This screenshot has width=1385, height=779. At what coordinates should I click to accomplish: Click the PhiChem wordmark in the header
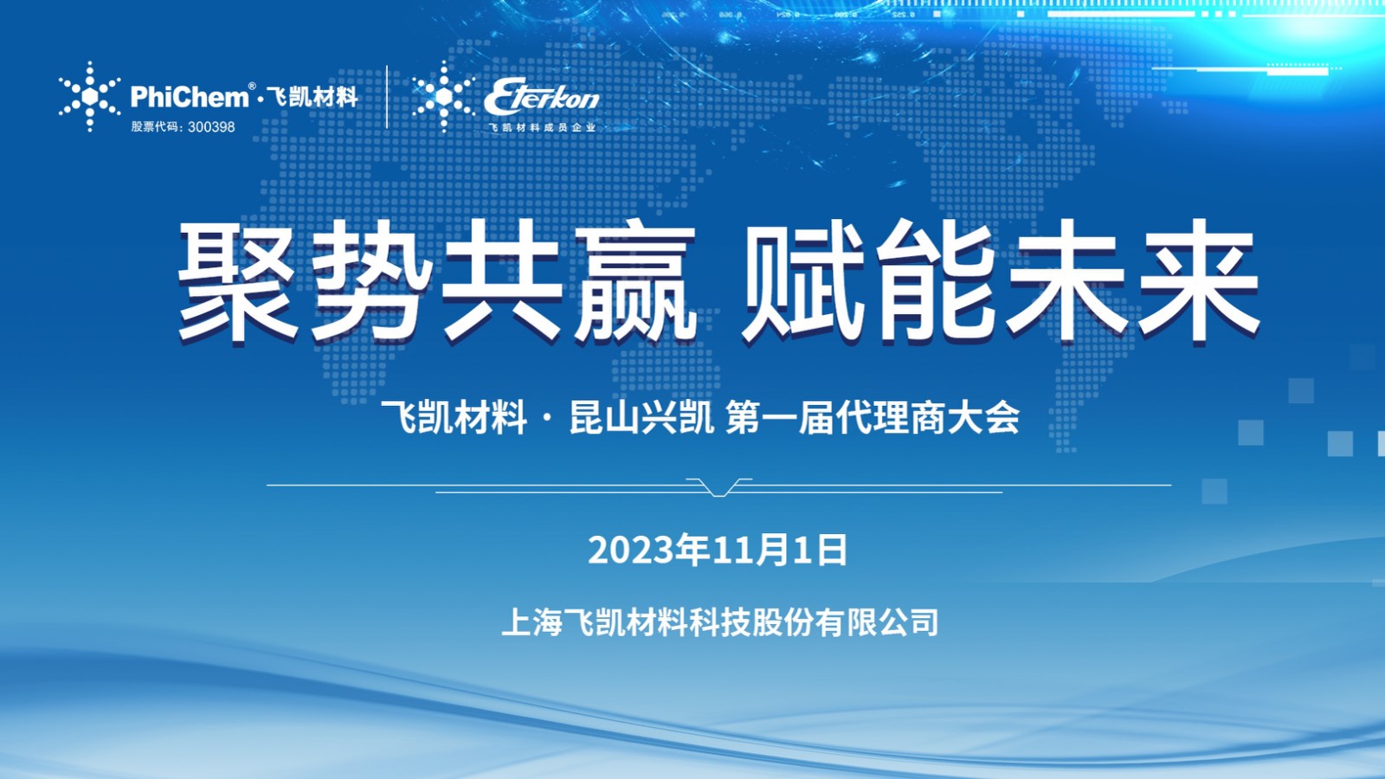[190, 96]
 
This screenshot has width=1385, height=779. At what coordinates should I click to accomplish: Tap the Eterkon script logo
[542, 97]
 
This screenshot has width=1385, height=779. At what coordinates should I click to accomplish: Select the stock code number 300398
[211, 126]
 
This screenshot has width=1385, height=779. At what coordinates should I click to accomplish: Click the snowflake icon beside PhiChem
[90, 96]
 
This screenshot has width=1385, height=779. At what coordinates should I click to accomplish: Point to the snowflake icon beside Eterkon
[443, 96]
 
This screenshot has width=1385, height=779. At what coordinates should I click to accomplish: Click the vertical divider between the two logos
[387, 96]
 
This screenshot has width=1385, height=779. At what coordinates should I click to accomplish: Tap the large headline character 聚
[238, 280]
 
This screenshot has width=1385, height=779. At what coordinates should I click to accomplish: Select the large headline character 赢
[635, 280]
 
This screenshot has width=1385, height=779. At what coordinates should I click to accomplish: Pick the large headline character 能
[935, 280]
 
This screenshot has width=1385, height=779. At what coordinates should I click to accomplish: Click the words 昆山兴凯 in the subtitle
[641, 417]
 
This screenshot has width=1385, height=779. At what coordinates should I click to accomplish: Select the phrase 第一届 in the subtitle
[780, 417]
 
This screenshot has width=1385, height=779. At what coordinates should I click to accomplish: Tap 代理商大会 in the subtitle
[927, 417]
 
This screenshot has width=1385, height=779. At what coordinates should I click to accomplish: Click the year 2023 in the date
[631, 550]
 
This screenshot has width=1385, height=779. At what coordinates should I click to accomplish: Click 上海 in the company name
[531, 622]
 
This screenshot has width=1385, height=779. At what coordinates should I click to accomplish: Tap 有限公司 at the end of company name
[876, 622]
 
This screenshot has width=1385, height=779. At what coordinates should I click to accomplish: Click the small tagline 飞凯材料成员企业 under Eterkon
[542, 127]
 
